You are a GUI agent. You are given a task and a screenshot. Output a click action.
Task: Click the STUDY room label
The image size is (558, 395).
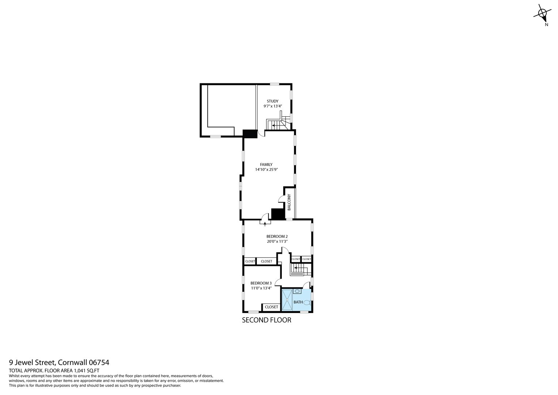pyautogui.click(x=272, y=101)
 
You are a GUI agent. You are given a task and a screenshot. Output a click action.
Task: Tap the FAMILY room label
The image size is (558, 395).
pyautogui.click(x=266, y=165)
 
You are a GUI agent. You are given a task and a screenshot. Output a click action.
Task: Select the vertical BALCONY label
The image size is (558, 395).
pyautogui.click(x=289, y=202)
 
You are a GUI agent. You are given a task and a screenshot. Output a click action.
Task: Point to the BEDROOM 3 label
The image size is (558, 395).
pyautogui.click(x=261, y=283)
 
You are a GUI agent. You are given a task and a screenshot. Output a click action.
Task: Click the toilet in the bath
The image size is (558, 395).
pyautogui.click(x=307, y=302)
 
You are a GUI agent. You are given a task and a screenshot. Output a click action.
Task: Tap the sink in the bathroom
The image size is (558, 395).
pyautogui.click(x=297, y=291)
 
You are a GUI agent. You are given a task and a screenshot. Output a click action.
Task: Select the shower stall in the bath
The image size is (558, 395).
pyautogui.click(x=287, y=300)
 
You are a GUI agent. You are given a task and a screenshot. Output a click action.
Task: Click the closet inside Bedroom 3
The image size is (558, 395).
pyautogui.click(x=271, y=307)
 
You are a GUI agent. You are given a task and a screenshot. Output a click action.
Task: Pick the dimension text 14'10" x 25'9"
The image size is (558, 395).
pyautogui.click(x=266, y=170)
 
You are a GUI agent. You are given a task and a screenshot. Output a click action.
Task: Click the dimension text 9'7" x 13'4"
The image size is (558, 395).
pyautogui.click(x=272, y=106)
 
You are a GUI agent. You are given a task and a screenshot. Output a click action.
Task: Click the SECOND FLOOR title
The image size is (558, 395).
pyautogui.click(x=267, y=320)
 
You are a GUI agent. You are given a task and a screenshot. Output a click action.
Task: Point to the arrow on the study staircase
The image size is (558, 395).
pyautogui.click(x=273, y=125)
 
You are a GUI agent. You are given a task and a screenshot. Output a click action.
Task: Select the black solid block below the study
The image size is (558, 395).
pyautogui.click(x=250, y=134)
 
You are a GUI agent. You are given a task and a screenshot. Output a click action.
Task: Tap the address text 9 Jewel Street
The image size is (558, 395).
pyautogui.click(x=32, y=363)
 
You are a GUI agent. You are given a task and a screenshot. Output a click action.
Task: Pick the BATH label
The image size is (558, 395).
pyautogui.click(x=298, y=302)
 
